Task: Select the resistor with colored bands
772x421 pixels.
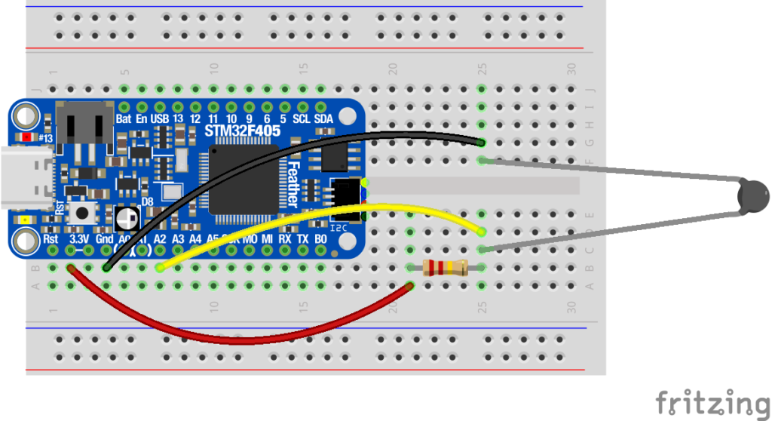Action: (x=445, y=267)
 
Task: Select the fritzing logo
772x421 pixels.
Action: (x=712, y=401)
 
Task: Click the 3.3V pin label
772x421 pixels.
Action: (x=78, y=238)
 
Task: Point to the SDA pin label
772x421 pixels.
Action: (x=323, y=119)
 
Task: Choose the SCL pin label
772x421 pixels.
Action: (x=302, y=119)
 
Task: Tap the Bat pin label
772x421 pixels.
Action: (x=124, y=119)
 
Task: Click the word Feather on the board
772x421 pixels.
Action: (x=294, y=185)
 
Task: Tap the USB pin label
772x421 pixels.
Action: (x=160, y=119)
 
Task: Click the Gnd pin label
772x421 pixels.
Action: (x=104, y=238)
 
